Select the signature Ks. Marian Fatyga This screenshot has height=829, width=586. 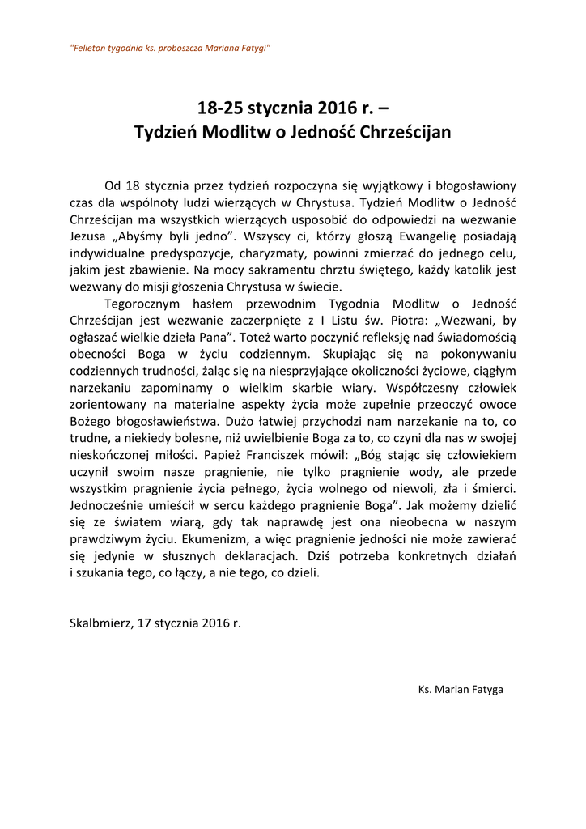click(x=461, y=690)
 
